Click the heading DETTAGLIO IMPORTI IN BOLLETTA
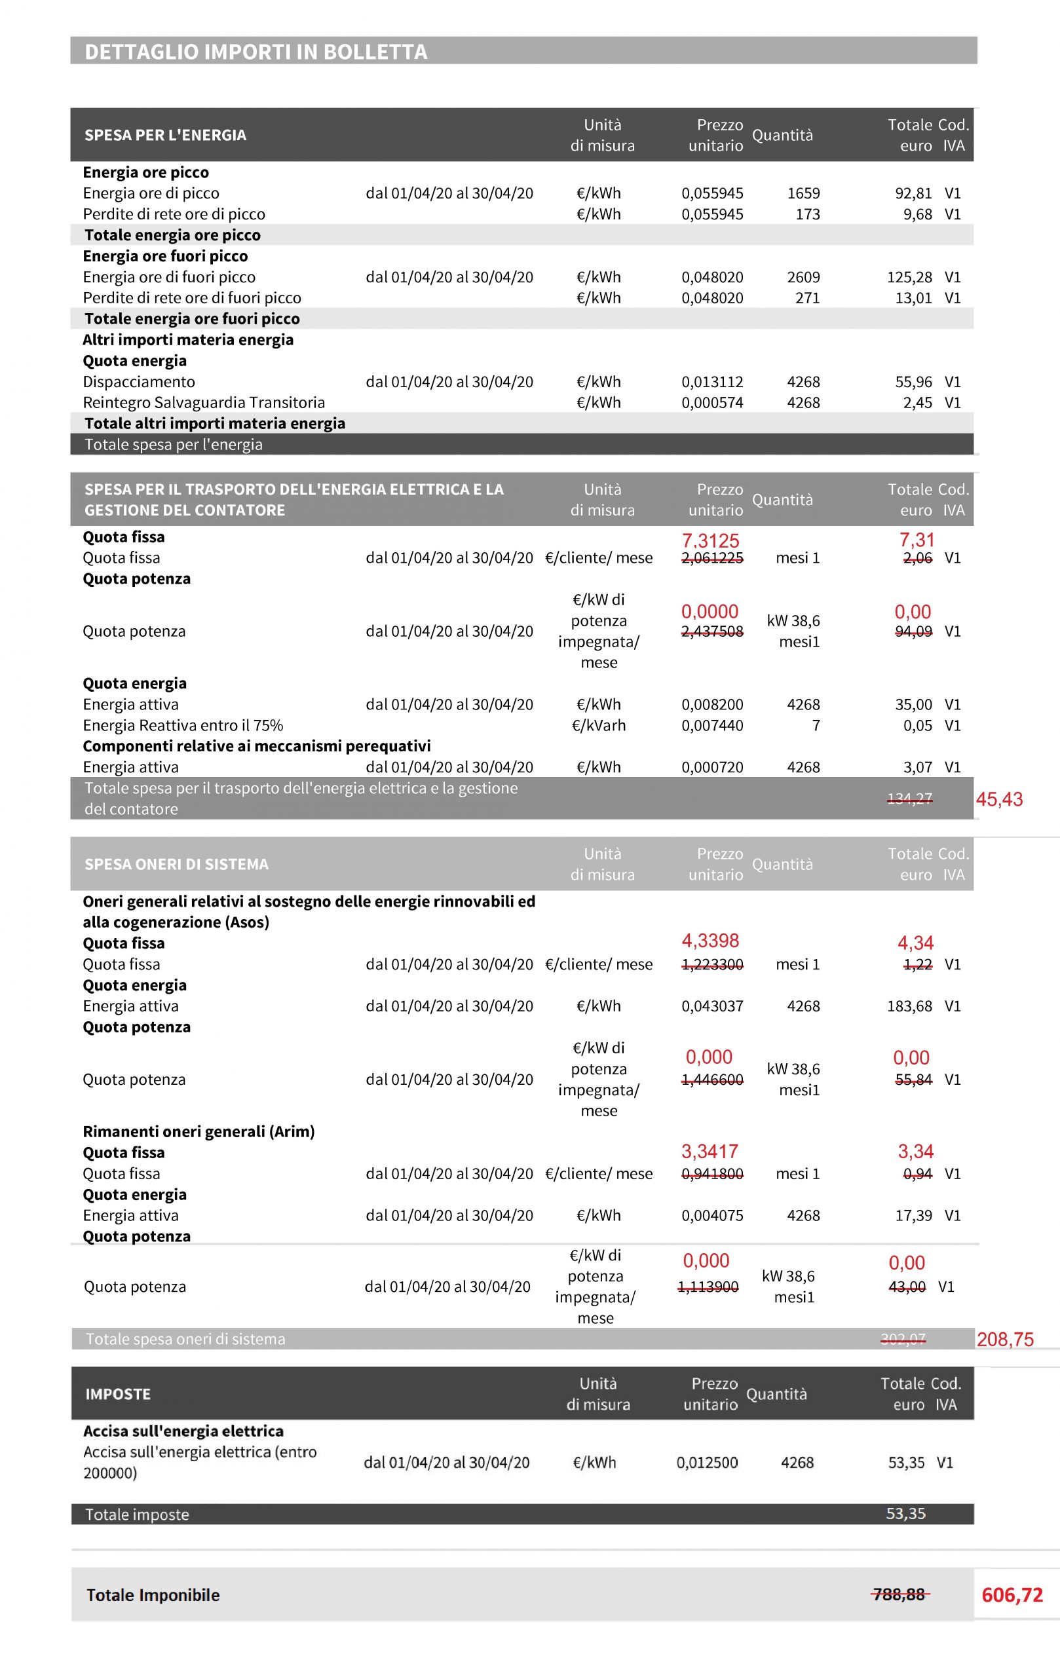(256, 52)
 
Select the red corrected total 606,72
(1012, 1595)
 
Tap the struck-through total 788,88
(899, 1594)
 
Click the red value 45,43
(1000, 799)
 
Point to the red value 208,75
(1005, 1339)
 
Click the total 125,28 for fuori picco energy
(909, 277)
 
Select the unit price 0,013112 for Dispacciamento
(711, 382)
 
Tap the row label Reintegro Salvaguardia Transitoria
(203, 402)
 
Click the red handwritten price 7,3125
(710, 540)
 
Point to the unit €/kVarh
(598, 726)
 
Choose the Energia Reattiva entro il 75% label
(183, 726)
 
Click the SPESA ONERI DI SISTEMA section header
(176, 864)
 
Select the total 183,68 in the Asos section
(909, 1006)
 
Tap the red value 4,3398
(710, 941)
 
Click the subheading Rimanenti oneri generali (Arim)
(199, 1132)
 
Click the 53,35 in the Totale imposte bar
(905, 1514)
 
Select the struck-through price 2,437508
(711, 631)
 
